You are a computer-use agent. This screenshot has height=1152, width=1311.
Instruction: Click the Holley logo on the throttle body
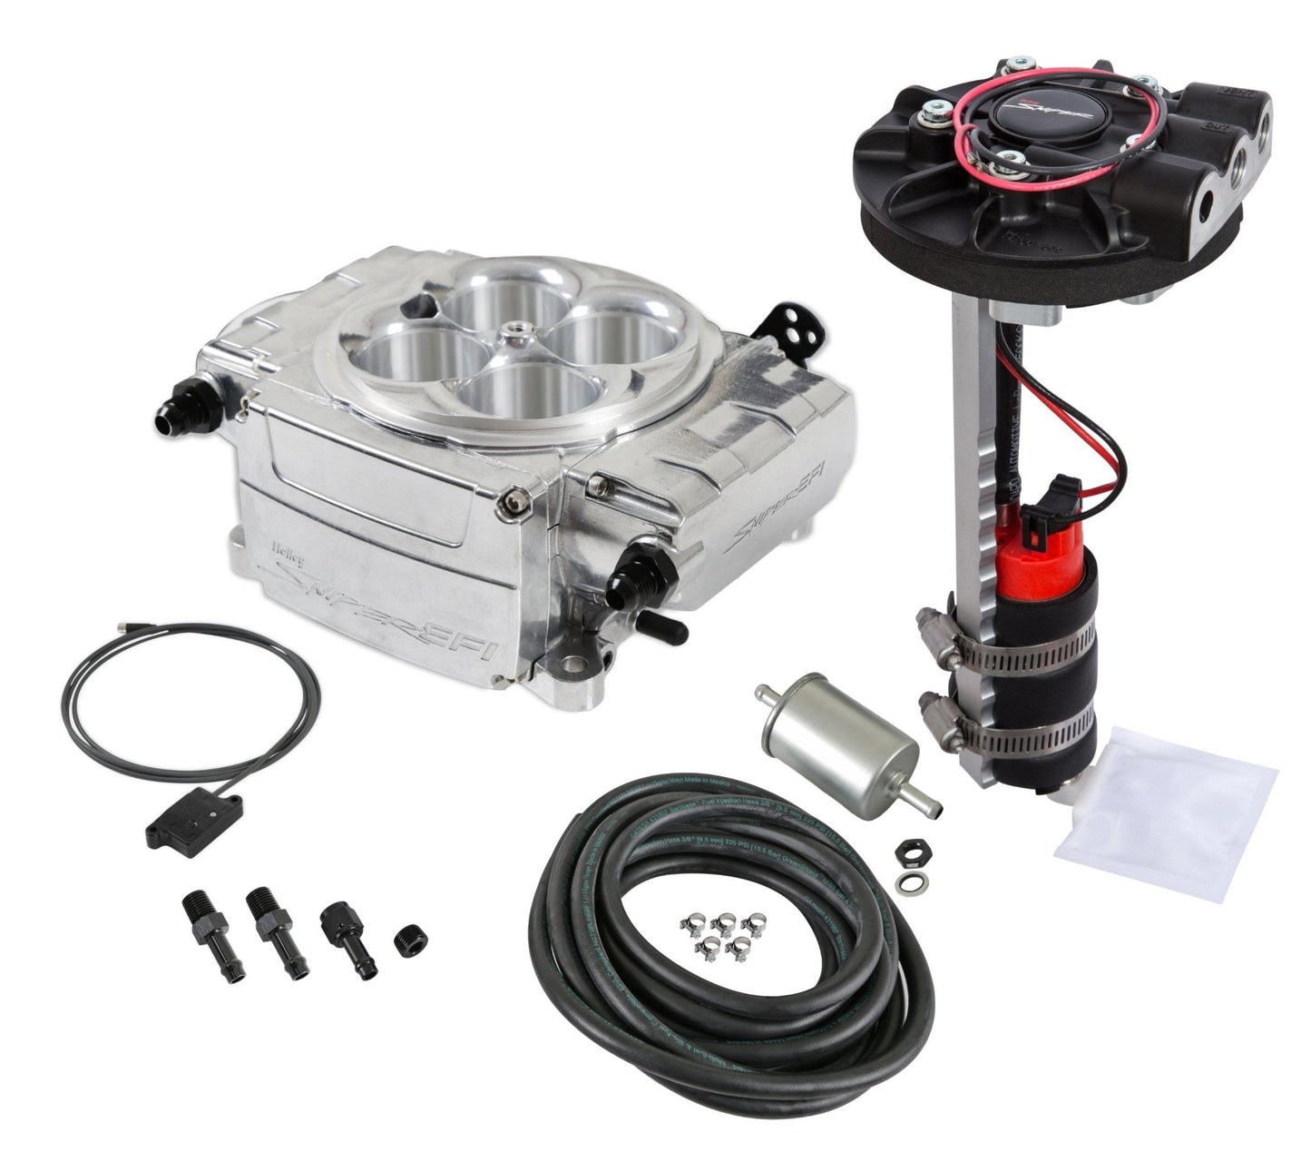tap(288, 546)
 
